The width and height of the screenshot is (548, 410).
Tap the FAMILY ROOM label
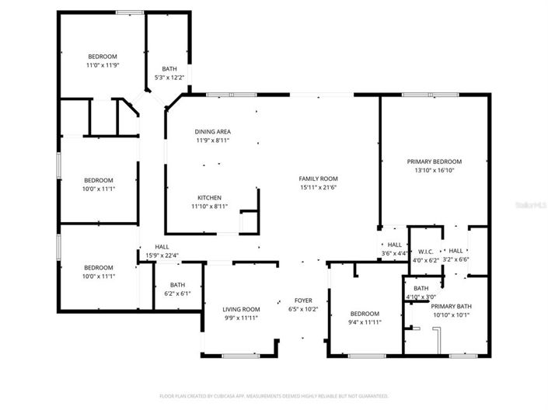point(318,179)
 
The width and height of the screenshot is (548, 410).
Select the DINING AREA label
point(212,131)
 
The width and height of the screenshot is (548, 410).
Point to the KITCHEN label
point(209,197)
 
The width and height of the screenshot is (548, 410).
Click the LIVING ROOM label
point(240,309)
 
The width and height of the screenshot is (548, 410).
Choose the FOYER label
point(302,300)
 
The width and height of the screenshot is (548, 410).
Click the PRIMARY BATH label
point(451,306)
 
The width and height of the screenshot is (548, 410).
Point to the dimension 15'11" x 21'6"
point(318,187)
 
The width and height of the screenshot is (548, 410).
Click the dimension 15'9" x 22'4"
point(162,255)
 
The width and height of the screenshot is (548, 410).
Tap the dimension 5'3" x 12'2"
point(169,77)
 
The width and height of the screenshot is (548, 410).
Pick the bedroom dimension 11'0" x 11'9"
point(102,65)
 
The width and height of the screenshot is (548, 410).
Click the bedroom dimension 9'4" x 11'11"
point(364,322)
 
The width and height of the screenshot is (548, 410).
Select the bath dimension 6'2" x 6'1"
point(177,294)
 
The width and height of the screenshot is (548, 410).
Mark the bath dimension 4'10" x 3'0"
point(421,297)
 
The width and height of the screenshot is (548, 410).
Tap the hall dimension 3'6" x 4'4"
point(395,253)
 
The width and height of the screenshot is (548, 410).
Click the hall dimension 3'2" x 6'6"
point(456,259)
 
